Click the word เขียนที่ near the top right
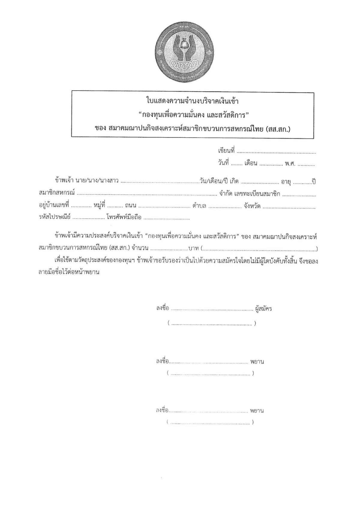point(226,151)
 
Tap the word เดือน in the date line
point(251,164)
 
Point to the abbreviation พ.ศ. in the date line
point(290,164)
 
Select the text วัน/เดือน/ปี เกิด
point(219,181)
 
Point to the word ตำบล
point(199,206)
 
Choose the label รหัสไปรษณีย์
point(55,217)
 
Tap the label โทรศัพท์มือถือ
point(124,217)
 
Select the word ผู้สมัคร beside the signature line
point(264,308)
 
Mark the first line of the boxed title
point(193,101)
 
